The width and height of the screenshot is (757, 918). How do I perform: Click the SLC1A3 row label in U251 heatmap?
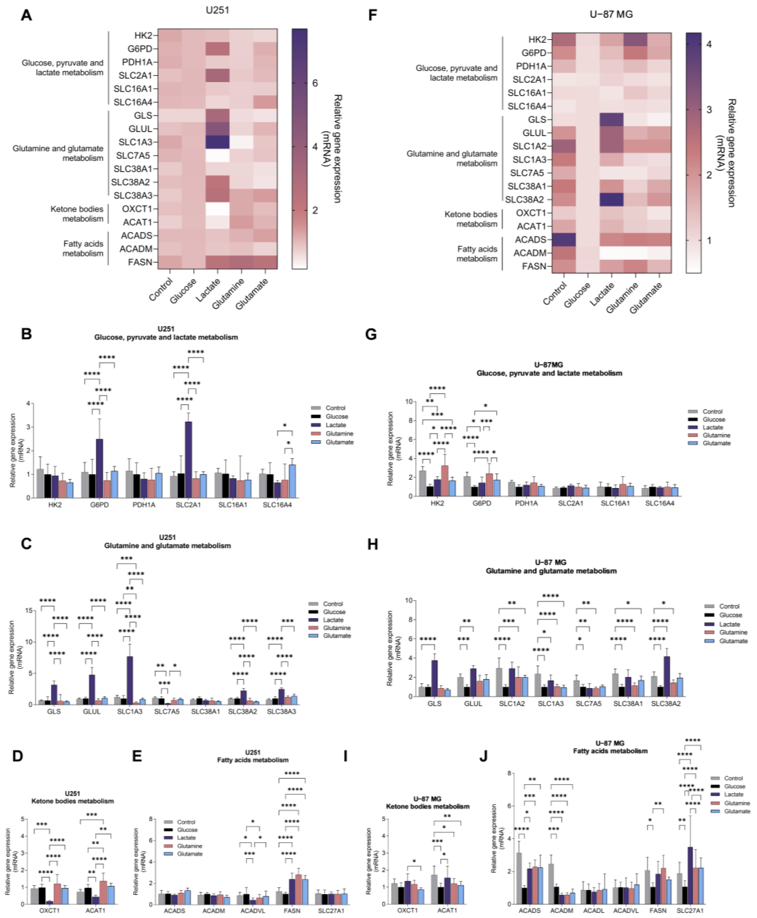[135, 142]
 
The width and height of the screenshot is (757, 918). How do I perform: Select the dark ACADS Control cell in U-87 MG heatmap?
[563, 239]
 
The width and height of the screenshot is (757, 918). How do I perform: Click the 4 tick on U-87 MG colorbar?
[709, 44]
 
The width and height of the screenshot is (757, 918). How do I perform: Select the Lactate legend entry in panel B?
[335, 425]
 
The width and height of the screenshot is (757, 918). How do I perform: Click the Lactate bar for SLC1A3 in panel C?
[129, 680]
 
